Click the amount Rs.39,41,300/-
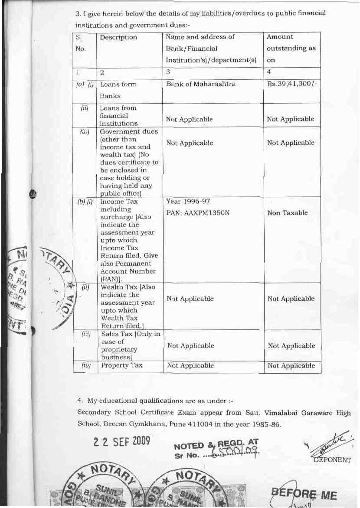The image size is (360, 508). pyautogui.click(x=293, y=84)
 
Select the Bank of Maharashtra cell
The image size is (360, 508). pyautogui.click(x=201, y=84)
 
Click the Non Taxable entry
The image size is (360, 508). pyautogui.click(x=288, y=213)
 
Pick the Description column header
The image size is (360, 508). pyautogui.click(x=118, y=37)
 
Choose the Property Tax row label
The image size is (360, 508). pyautogui.click(x=122, y=365)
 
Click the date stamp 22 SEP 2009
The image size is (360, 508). pyautogui.click(x=122, y=441)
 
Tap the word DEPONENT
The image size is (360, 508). pyautogui.click(x=332, y=460)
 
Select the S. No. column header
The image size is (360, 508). pyautogui.click(x=81, y=43)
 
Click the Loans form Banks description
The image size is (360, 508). pyautogui.click(x=118, y=90)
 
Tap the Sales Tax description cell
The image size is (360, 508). pyautogui.click(x=131, y=345)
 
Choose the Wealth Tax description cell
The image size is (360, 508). pyautogui.click(x=128, y=306)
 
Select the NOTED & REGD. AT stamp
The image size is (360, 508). pyautogui.click(x=216, y=444)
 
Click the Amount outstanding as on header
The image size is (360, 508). pyautogui.click(x=291, y=49)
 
